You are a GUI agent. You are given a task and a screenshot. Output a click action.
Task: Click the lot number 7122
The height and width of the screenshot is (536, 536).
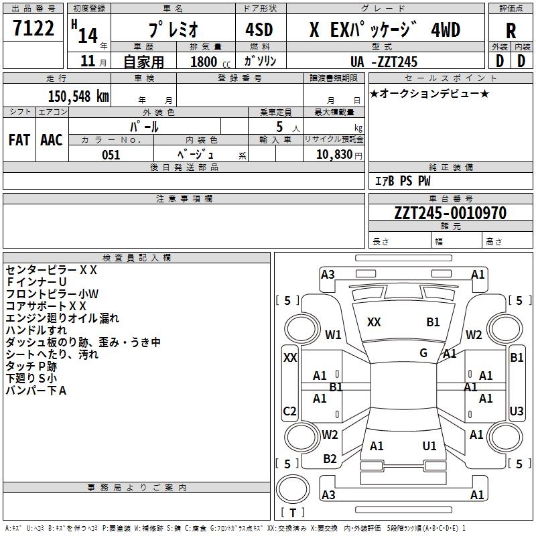click(x=33, y=29)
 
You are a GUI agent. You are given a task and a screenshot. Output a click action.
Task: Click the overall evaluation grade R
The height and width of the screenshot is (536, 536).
click(x=511, y=31)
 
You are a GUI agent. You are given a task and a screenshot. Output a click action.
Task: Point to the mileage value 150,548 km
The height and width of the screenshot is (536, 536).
click(x=78, y=96)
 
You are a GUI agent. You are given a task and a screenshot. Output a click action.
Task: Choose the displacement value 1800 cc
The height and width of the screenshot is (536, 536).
click(x=208, y=62)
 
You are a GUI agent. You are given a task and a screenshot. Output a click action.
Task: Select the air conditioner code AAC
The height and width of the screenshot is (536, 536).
click(x=52, y=139)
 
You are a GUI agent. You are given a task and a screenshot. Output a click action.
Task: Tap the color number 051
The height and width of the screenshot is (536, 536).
click(x=111, y=155)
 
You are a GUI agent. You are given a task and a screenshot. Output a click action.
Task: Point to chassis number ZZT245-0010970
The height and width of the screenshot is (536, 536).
click(x=450, y=213)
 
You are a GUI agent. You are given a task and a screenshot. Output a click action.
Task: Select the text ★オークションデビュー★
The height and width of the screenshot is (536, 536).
click(x=429, y=93)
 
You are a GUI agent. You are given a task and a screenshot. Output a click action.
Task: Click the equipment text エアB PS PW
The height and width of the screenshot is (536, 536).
click(x=403, y=181)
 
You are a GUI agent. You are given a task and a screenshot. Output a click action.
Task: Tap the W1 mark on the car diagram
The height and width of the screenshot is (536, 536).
click(x=333, y=334)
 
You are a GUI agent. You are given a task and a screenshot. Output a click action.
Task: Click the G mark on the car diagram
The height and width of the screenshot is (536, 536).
click(x=423, y=352)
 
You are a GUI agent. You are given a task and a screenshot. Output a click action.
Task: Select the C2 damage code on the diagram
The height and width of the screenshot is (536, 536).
click(x=290, y=411)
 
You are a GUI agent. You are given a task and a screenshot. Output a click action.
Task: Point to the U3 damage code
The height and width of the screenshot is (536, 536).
click(x=517, y=411)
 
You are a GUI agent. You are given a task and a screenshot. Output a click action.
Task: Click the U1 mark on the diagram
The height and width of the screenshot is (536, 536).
click(x=429, y=446)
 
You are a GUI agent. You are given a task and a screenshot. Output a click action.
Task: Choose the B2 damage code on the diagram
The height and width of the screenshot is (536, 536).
click(x=330, y=458)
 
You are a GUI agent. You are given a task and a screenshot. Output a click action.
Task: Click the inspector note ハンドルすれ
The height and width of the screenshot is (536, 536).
click(x=36, y=330)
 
